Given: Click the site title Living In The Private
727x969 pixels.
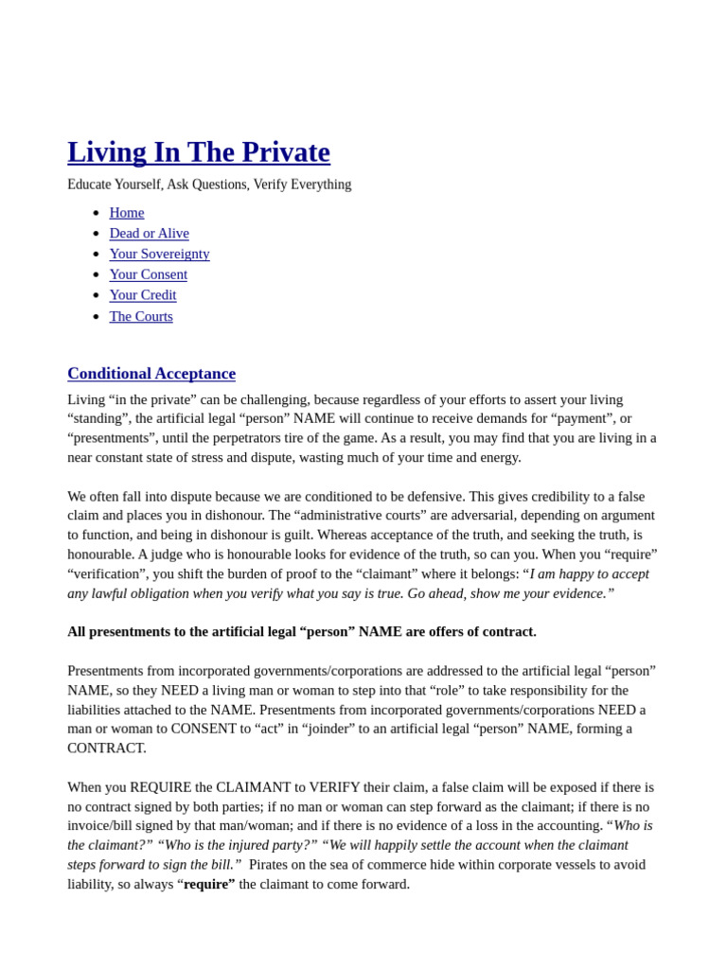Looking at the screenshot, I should click(199, 152).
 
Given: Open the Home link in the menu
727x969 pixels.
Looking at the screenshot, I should click(127, 213).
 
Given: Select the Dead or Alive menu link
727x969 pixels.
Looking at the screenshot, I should click(149, 234).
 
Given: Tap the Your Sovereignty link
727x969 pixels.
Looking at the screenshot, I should click(159, 255).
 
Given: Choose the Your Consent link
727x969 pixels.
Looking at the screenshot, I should click(148, 274).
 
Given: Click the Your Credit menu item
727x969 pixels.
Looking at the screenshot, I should click(143, 295).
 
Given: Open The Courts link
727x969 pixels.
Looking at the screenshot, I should click(141, 316).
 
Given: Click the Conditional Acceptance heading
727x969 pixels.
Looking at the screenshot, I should click(151, 374).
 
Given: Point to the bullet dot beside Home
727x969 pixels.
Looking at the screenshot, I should click(96, 214).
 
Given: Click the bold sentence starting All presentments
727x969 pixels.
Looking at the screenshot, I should click(302, 632).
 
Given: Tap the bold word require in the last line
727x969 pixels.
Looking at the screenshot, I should click(209, 885).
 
